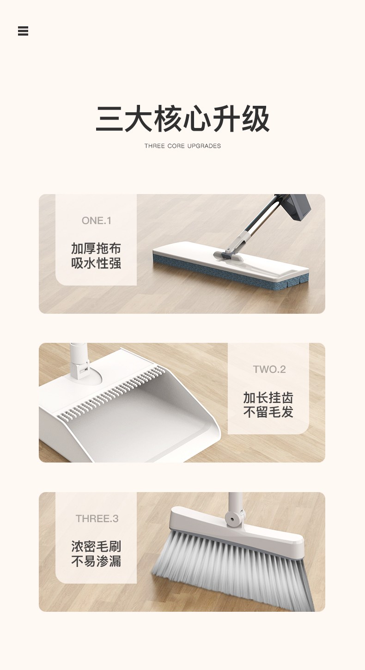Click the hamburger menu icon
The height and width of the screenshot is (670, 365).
click(x=23, y=31)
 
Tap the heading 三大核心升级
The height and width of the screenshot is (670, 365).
click(x=182, y=119)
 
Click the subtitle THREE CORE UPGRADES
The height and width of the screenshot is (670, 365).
click(x=182, y=146)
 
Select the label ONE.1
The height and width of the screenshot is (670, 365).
click(x=97, y=221)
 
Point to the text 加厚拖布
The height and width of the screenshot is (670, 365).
click(x=96, y=248)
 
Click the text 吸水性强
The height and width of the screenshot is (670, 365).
click(x=96, y=263)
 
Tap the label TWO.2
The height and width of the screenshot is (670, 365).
click(x=269, y=369)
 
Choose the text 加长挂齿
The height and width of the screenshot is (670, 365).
click(x=268, y=397)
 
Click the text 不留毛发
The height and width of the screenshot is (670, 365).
click(x=268, y=412)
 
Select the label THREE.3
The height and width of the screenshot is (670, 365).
click(x=97, y=518)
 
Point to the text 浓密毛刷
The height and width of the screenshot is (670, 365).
click(x=96, y=547)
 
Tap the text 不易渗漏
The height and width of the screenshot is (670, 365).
click(x=96, y=561)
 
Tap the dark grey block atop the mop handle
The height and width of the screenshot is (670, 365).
click(x=295, y=207)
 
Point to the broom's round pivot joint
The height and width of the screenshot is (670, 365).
click(x=234, y=518)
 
